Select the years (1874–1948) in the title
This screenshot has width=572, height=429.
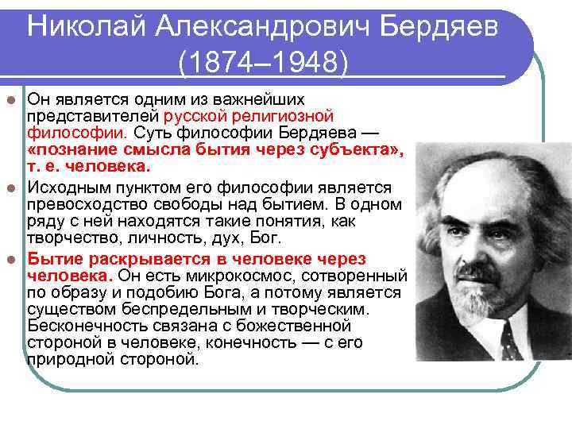[x=263, y=62]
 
